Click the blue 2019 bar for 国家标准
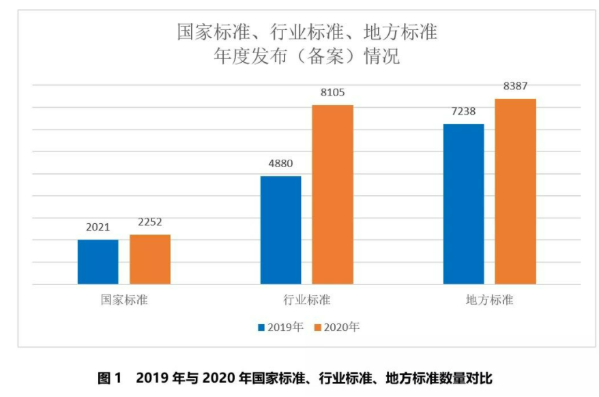coord(98,262)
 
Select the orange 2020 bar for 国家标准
coord(150,259)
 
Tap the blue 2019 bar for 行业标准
coord(280,230)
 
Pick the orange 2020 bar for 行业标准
coord(333,194)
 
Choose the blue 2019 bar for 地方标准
coord(463,204)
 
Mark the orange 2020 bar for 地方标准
coord(516,192)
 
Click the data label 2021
coord(98,227)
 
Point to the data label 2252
coord(149,222)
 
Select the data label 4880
coord(280,164)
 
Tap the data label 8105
coord(332,93)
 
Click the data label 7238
coord(463,112)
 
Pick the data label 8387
coord(516,87)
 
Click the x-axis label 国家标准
coord(123,300)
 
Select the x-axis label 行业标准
coord(306,300)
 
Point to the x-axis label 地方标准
coord(489,300)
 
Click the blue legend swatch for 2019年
coord(261,327)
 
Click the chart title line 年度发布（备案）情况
coord(306,57)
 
